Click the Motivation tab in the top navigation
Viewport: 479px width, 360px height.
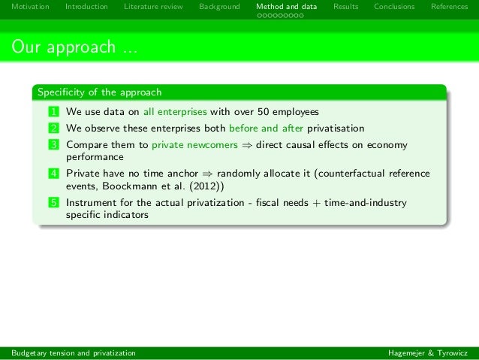click(30, 7)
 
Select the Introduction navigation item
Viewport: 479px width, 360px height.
click(86, 7)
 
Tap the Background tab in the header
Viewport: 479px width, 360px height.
click(219, 7)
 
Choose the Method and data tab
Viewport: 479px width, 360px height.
click(286, 7)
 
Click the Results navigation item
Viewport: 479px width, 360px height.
click(345, 7)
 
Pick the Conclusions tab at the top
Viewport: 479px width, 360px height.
click(394, 7)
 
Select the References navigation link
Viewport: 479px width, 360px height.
click(449, 7)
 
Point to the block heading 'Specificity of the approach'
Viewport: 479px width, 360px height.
click(100, 93)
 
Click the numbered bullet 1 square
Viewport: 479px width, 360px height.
click(54, 112)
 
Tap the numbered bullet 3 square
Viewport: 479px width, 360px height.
click(54, 144)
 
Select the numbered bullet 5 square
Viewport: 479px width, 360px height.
click(54, 203)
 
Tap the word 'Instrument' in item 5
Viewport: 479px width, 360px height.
click(90, 203)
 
